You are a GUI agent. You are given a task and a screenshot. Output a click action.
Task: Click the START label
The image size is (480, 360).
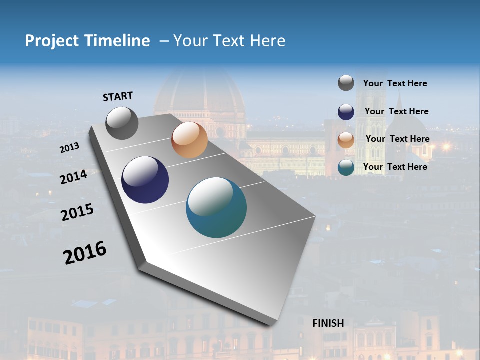tap(118, 96)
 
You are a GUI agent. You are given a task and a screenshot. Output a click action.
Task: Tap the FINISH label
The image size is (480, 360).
tap(328, 323)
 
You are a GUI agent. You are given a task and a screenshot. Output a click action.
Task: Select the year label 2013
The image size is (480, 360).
tap(69, 148)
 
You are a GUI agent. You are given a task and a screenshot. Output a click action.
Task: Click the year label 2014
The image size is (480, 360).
tap(73, 177)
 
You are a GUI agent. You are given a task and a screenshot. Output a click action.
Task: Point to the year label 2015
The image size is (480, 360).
tap(77, 212)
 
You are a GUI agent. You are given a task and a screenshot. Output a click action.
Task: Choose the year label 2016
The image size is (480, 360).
tap(85, 253)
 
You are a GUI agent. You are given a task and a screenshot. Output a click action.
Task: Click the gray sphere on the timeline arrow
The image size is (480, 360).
tap(122, 123)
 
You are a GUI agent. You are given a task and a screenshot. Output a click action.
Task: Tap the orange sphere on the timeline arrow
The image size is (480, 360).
tap(189, 140)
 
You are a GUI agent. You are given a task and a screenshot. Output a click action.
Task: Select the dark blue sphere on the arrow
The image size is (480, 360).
tap(145, 180)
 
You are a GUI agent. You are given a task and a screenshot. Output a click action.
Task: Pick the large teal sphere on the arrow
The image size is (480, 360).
tap(216, 207)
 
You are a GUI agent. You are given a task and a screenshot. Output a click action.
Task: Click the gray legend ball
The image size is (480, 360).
tap(346, 83)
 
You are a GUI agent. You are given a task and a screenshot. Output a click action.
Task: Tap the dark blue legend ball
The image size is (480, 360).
tap(346, 112)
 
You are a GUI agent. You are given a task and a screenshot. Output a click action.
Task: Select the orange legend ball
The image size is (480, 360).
tap(346, 140)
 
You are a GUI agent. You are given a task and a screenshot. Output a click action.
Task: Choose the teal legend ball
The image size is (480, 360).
tap(346, 167)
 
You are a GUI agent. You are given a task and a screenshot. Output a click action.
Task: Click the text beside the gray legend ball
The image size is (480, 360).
tap(395, 83)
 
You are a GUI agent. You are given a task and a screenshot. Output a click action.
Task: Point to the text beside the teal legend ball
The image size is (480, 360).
tap(395, 167)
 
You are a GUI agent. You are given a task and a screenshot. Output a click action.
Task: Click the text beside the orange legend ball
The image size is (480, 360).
tap(397, 139)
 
